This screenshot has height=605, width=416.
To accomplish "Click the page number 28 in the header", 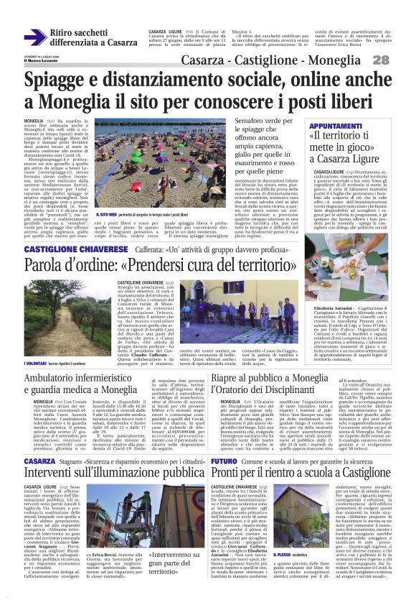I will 400,60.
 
